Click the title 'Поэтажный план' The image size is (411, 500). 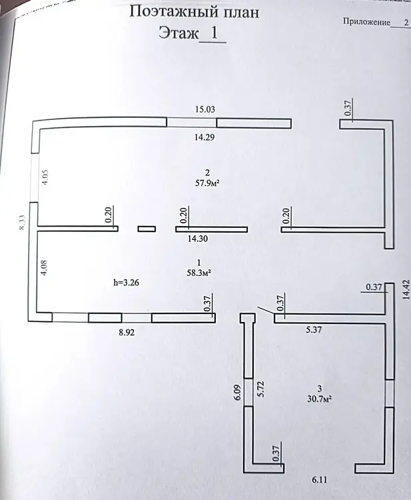(x=193, y=11)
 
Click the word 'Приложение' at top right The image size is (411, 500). (x=366, y=22)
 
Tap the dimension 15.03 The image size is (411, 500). (x=205, y=109)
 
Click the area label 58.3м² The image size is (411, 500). (x=199, y=272)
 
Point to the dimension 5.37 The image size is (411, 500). (x=314, y=329)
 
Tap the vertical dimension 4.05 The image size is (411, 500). (x=45, y=181)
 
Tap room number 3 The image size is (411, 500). (x=320, y=388)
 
